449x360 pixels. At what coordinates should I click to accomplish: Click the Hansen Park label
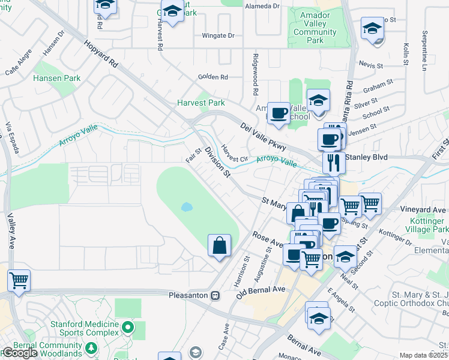tap(57, 78)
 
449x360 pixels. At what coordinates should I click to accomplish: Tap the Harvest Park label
tap(200, 103)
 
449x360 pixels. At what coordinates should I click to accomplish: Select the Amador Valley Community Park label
tap(315, 28)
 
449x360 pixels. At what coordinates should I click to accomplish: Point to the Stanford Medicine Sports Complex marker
tap(127, 328)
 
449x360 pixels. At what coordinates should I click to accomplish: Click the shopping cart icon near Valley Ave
tap(19, 279)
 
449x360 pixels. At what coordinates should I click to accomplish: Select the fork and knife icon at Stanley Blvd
tap(333, 162)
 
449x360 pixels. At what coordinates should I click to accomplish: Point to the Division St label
tap(217, 162)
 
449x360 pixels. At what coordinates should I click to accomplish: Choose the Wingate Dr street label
tap(218, 35)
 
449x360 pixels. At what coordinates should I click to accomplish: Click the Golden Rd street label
tap(213, 77)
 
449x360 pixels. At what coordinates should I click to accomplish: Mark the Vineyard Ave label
tap(424, 210)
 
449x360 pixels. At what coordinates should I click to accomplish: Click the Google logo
tap(19, 353)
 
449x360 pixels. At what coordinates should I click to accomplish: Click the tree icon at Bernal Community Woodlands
tap(91, 347)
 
